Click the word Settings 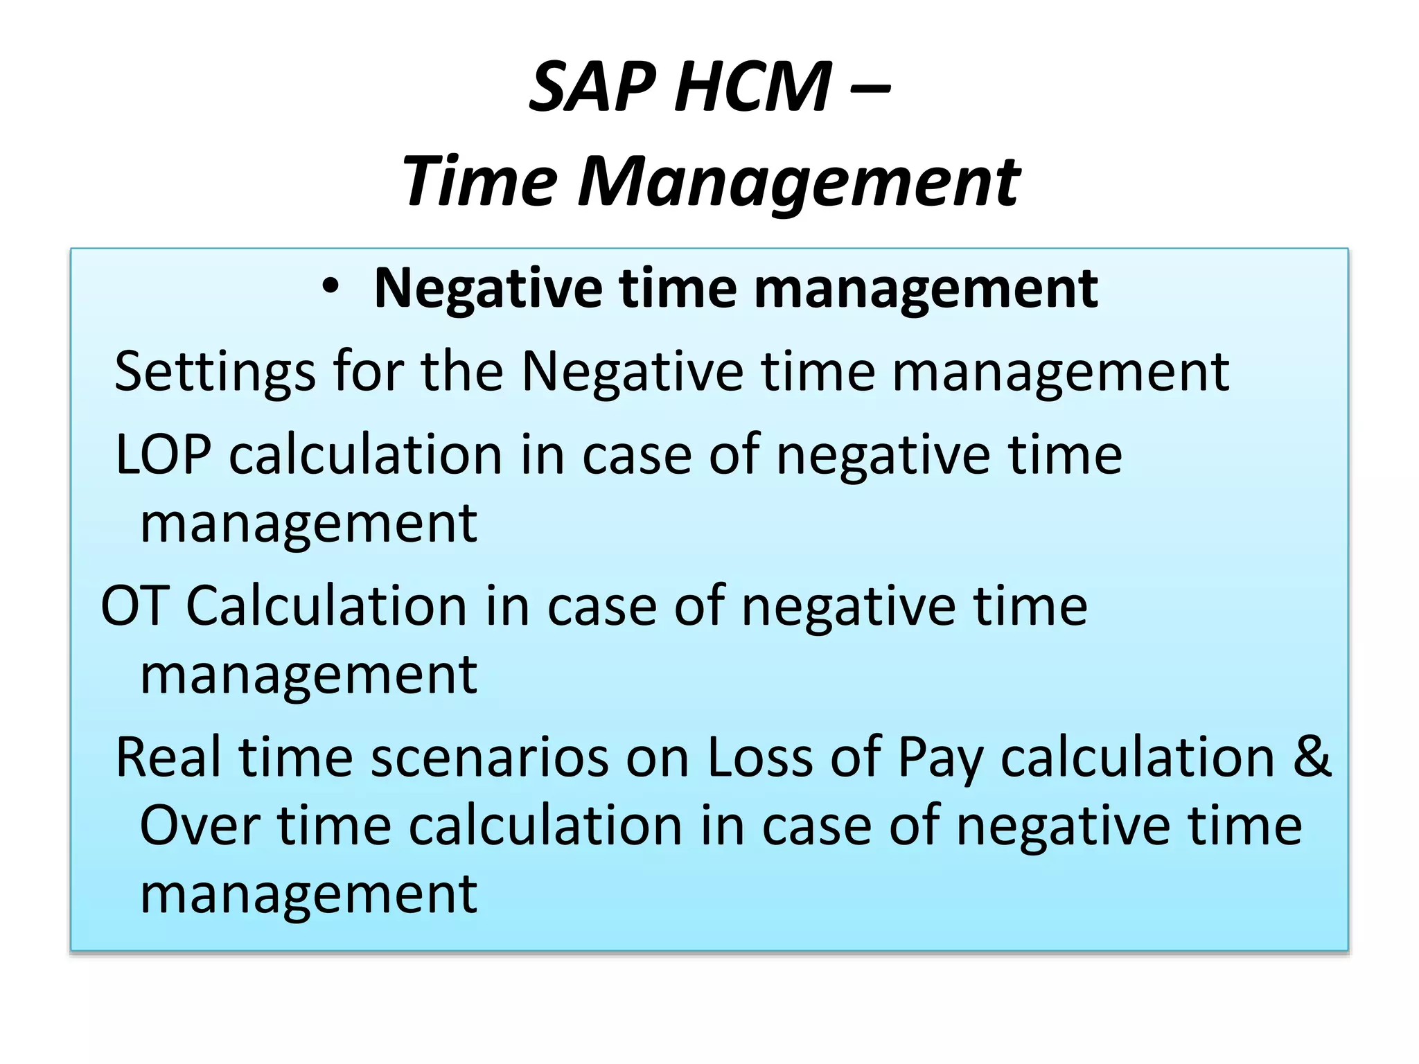[215, 373]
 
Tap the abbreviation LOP [163, 454]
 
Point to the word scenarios [489, 757]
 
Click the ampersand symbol [1312, 757]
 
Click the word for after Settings [368, 371]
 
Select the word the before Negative [461, 371]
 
